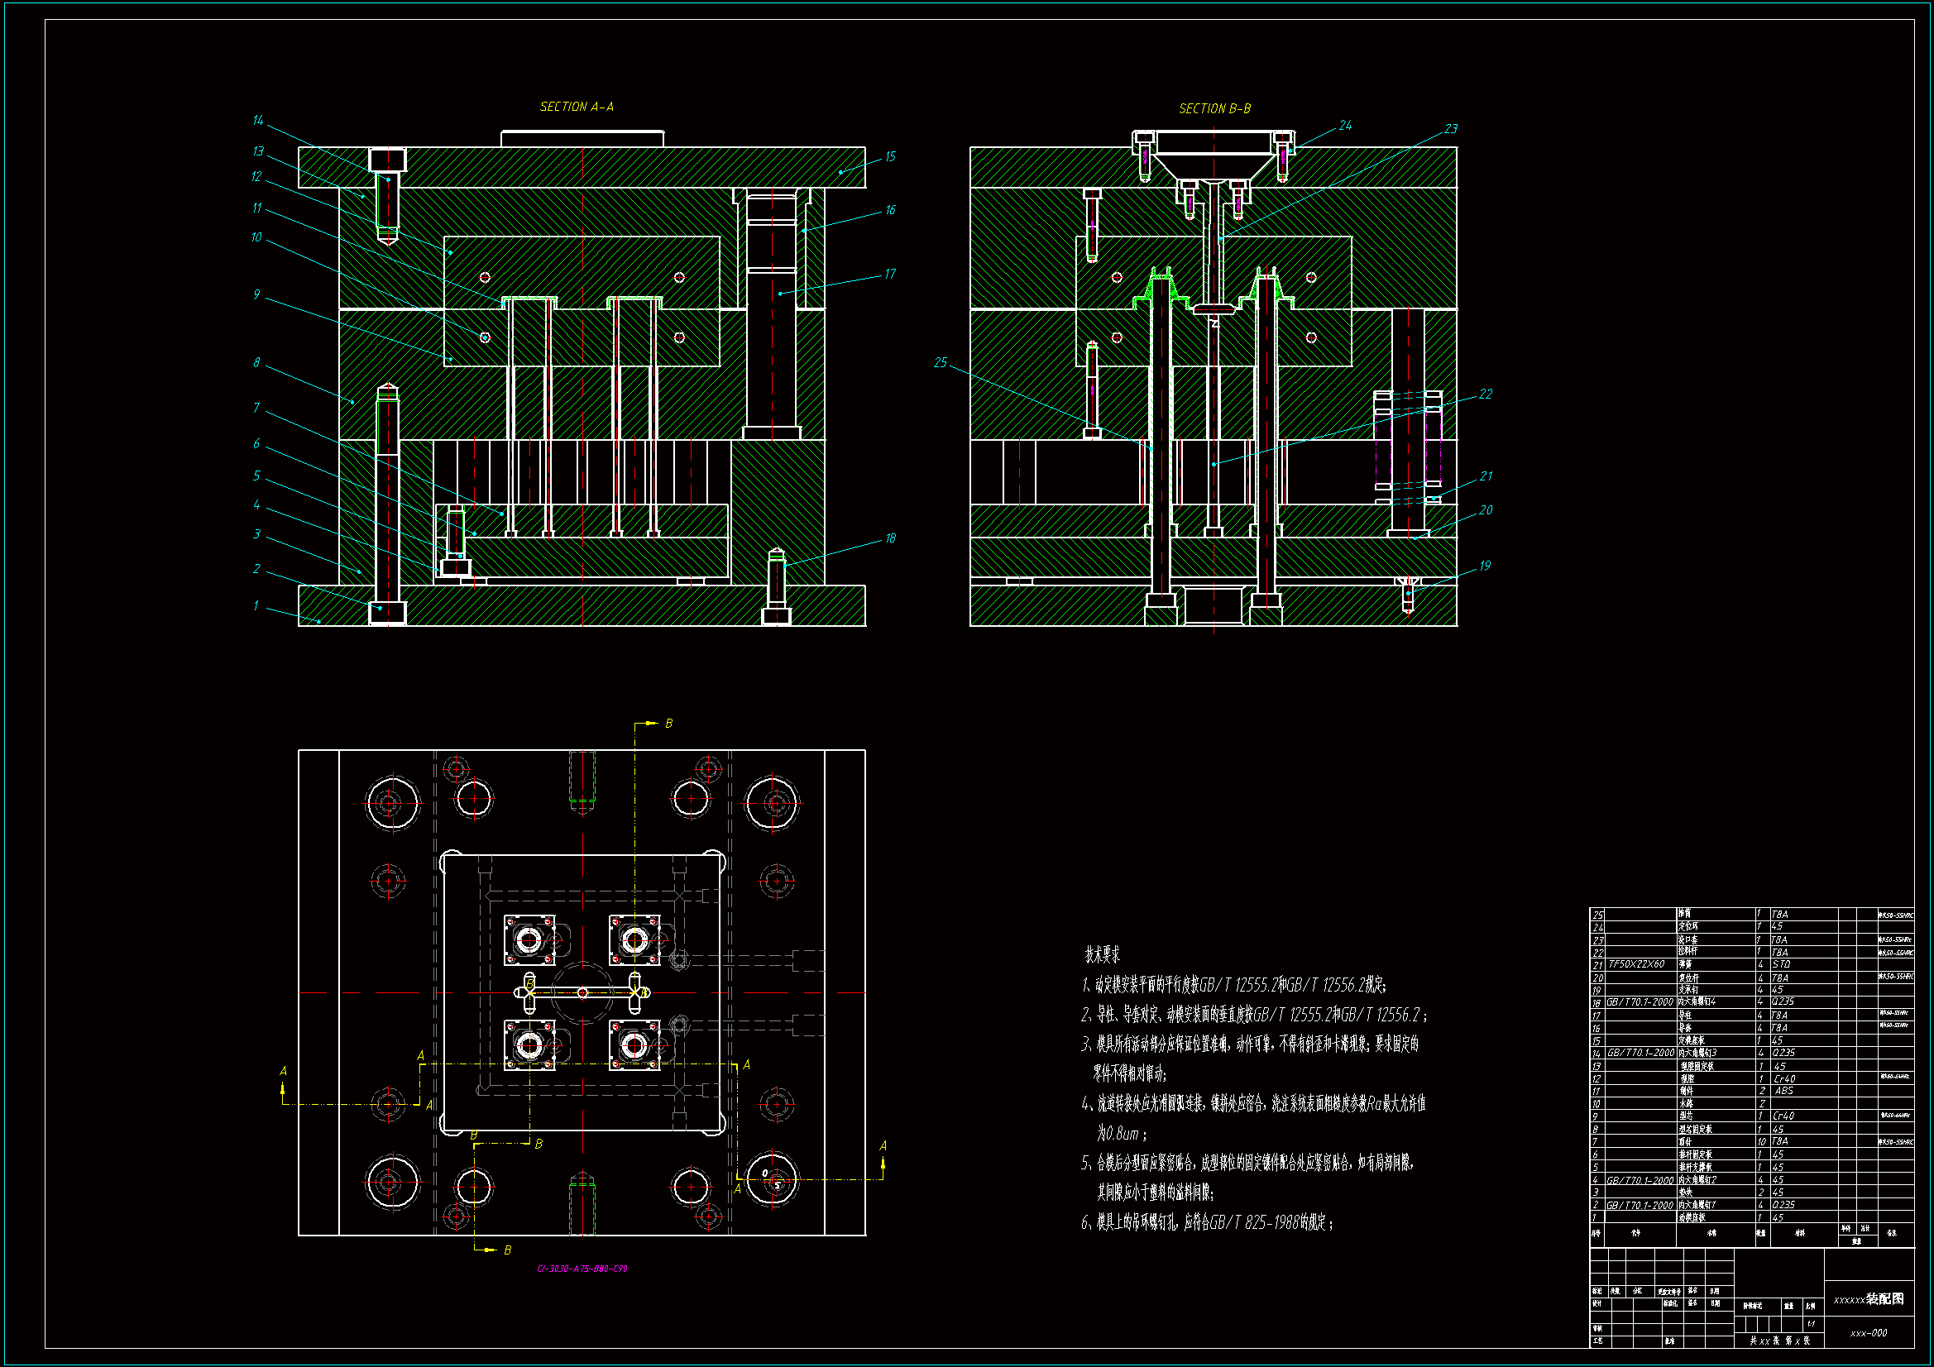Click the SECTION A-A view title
click(x=577, y=107)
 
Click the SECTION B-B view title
click(x=1214, y=108)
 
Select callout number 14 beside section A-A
click(x=258, y=121)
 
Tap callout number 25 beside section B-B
click(x=940, y=362)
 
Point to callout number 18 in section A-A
click(x=890, y=538)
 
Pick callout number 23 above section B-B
click(x=1451, y=129)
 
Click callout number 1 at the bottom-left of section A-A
click(x=256, y=605)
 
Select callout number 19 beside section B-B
click(x=1484, y=566)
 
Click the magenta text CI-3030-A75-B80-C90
click(x=582, y=1269)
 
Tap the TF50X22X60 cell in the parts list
click(x=1637, y=964)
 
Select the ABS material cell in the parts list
click(x=1783, y=1091)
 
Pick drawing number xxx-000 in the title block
click(x=1869, y=1333)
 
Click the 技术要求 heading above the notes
click(x=1102, y=955)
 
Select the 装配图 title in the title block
click(x=1885, y=1299)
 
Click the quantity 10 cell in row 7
click(x=1761, y=1141)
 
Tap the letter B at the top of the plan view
click(x=669, y=724)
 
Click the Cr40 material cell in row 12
click(x=1783, y=1079)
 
